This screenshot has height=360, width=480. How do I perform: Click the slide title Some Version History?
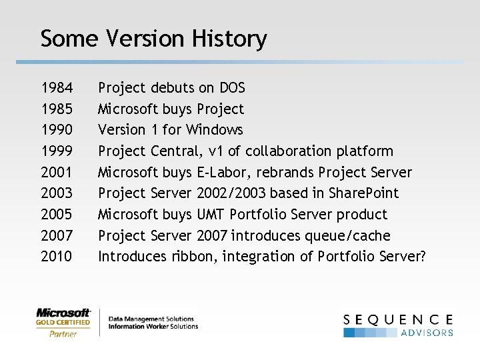pyautogui.click(x=153, y=39)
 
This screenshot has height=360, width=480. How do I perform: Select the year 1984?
pyautogui.click(x=57, y=88)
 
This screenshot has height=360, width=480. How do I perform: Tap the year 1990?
pyautogui.click(x=57, y=130)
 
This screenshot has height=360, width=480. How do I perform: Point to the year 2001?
pyautogui.click(x=57, y=173)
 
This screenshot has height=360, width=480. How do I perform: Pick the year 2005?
pyautogui.click(x=57, y=215)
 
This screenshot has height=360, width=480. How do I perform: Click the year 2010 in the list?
pyautogui.click(x=57, y=257)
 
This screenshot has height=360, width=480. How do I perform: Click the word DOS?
pyautogui.click(x=231, y=88)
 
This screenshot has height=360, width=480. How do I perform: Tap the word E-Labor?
pyautogui.click(x=223, y=173)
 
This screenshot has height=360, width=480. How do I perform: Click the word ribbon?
pyautogui.click(x=194, y=257)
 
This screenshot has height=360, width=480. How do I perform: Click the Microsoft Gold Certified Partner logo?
pyautogui.click(x=63, y=323)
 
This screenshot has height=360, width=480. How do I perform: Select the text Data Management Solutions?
pyautogui.click(x=151, y=319)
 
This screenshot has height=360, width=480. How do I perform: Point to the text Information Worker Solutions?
pyautogui.click(x=153, y=327)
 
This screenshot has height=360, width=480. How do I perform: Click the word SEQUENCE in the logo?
pyautogui.click(x=398, y=319)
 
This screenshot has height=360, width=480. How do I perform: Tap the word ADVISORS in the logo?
pyautogui.click(x=427, y=333)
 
